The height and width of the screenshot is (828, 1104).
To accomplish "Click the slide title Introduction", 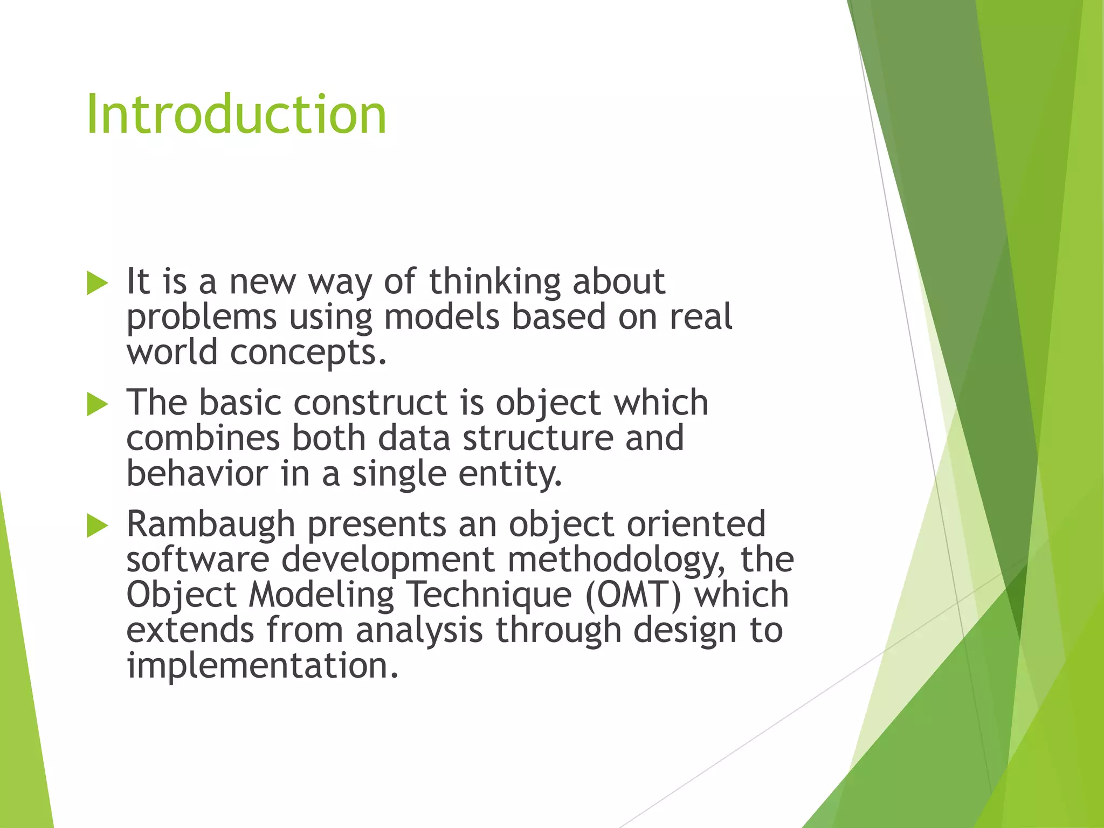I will (x=236, y=114).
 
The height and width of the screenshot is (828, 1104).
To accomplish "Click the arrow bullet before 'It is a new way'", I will (x=98, y=283).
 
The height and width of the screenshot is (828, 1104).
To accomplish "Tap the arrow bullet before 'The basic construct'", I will (x=98, y=404).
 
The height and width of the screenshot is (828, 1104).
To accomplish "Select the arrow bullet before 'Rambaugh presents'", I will (x=98, y=526).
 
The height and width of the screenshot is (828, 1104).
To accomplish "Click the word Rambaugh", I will (x=210, y=524).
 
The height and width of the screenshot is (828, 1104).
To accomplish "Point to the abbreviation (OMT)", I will (x=633, y=595).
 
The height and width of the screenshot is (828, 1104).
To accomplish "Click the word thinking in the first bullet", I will (x=494, y=282).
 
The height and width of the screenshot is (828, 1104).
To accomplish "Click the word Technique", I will (x=488, y=595).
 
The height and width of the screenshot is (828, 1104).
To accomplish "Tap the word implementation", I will (x=262, y=666).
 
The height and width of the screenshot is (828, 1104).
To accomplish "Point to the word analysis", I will (x=419, y=631).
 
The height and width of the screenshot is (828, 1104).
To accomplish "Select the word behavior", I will (x=197, y=474).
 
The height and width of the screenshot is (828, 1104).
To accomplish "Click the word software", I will (x=197, y=560).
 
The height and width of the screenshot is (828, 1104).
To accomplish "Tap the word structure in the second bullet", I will (x=537, y=438).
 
